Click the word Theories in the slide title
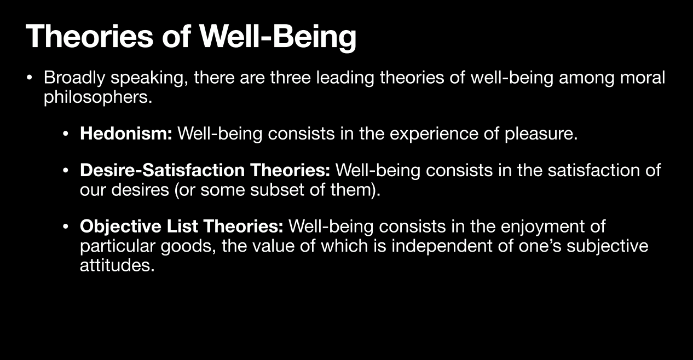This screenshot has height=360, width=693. [x=90, y=36]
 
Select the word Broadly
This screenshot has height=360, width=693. [x=74, y=78]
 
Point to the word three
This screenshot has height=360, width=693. [x=290, y=77]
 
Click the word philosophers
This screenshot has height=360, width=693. [x=98, y=97]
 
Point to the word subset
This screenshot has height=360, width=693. [x=277, y=190]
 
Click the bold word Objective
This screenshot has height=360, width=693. [x=120, y=227]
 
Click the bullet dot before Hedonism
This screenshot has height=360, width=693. [x=65, y=134]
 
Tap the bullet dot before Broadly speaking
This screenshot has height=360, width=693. [x=30, y=78]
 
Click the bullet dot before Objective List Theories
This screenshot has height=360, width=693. [x=65, y=227]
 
